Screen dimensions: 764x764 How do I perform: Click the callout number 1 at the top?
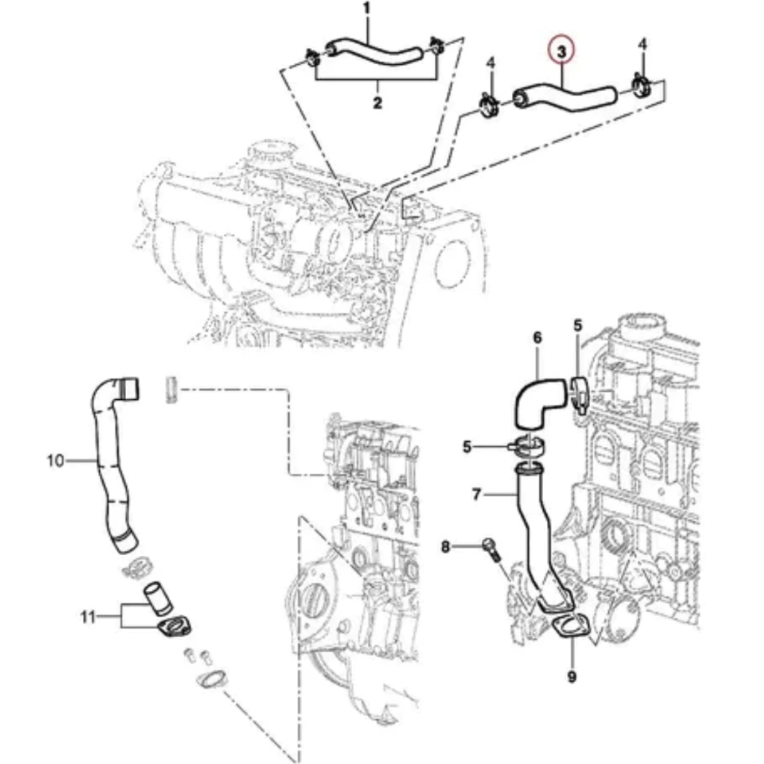[366, 9]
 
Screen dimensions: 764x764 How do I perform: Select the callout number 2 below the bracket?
[377, 103]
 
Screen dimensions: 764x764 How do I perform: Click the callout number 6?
[537, 338]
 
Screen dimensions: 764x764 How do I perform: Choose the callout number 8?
[446, 547]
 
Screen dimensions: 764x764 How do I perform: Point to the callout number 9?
[572, 677]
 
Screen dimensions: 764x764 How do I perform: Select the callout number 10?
[55, 460]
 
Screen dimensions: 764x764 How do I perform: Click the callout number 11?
[89, 616]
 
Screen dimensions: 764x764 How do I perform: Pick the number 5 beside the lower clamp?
[467, 447]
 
